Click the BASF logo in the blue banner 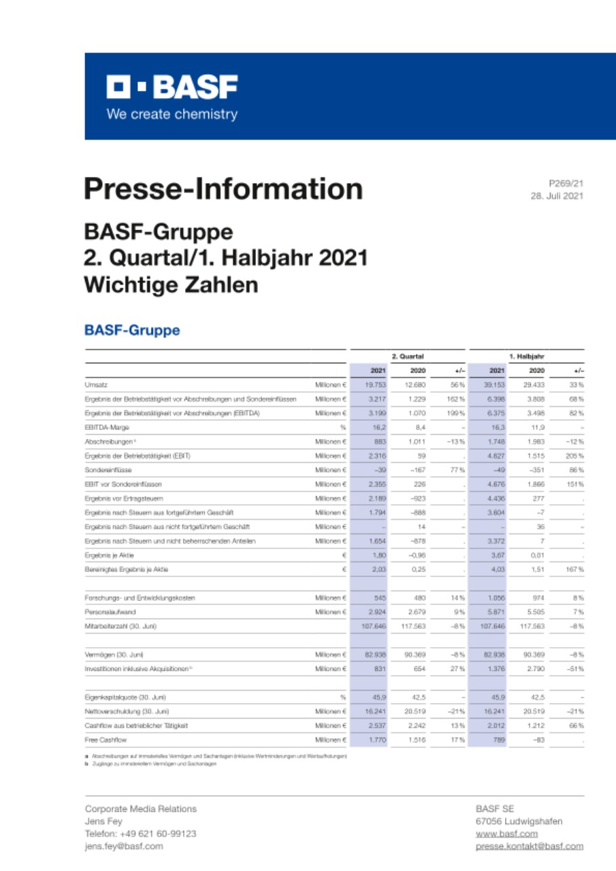point(172,88)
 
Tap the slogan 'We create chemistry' point(172,114)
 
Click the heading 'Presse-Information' point(223,188)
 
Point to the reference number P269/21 point(566,182)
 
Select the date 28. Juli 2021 point(557,195)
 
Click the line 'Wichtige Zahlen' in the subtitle point(171,285)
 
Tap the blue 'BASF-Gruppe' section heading point(132,331)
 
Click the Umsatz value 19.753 point(376,385)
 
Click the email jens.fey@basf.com point(124,846)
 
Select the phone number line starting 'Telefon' point(141,834)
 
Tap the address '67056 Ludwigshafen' point(519,821)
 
